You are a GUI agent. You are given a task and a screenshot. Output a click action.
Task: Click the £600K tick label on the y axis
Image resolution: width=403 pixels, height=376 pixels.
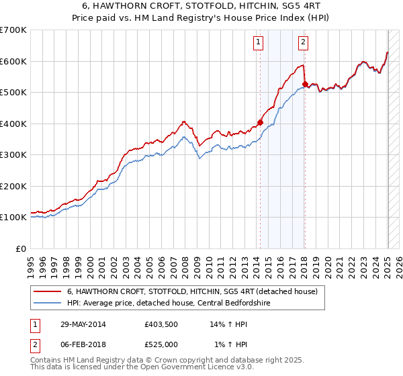pos(13,61)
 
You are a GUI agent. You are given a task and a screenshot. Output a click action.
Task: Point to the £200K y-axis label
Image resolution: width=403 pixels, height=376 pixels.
pos(13,186)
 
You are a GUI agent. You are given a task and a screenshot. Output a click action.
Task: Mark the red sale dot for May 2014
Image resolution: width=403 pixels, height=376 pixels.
pos(260,123)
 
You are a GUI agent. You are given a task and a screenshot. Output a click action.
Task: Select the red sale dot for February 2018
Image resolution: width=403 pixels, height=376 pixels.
pos(304,85)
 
